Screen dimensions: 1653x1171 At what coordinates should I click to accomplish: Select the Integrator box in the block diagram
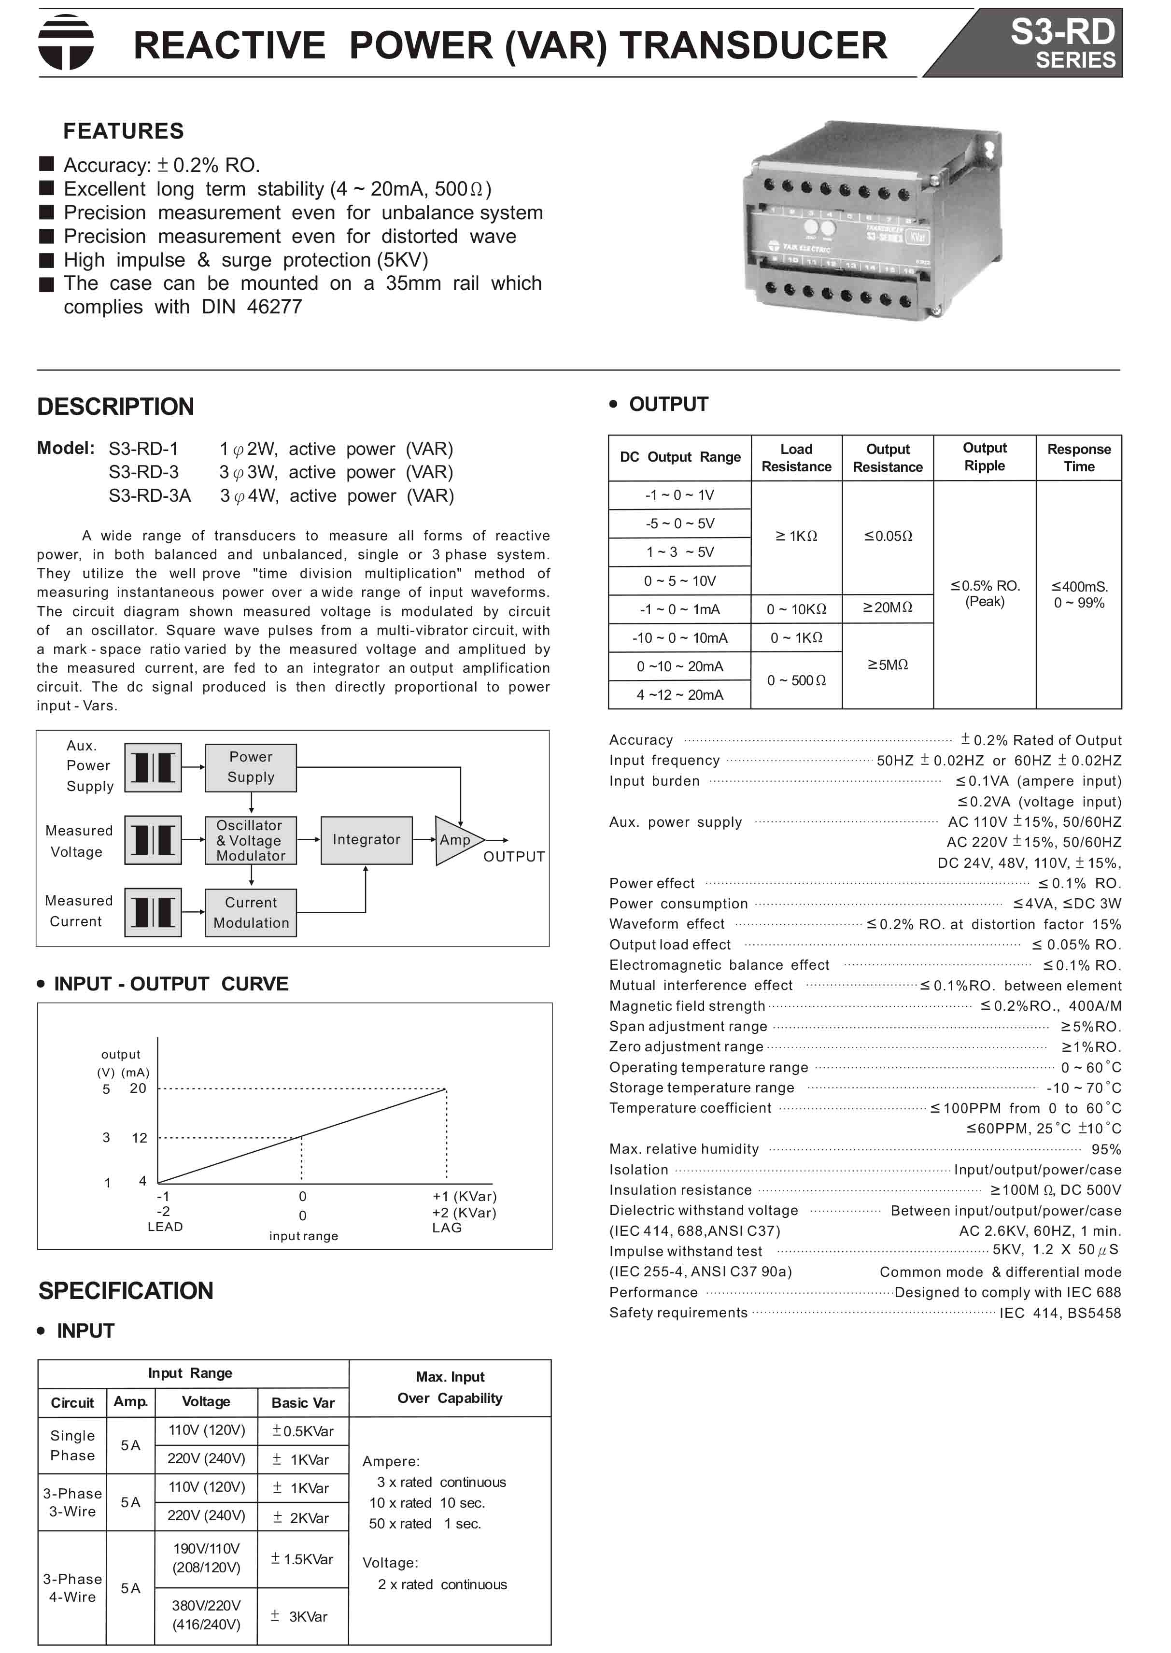coord(367,840)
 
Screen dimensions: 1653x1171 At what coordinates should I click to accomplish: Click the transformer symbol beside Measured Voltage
coord(153,840)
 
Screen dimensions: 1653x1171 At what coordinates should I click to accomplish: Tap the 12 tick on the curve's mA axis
coord(139,1138)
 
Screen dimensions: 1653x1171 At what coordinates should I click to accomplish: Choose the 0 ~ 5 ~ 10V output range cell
coord(679,581)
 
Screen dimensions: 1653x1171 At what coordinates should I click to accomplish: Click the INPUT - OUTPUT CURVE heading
coord(171,984)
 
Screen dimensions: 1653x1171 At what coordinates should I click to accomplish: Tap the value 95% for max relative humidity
coord(1105,1150)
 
